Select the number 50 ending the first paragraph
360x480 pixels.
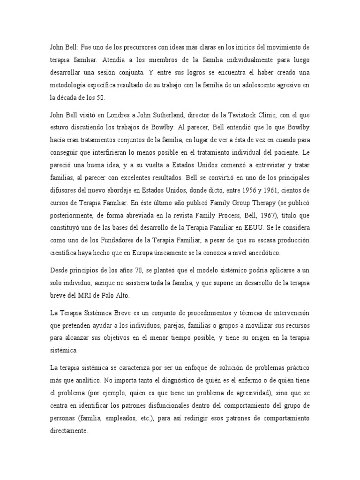[x=102, y=97]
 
